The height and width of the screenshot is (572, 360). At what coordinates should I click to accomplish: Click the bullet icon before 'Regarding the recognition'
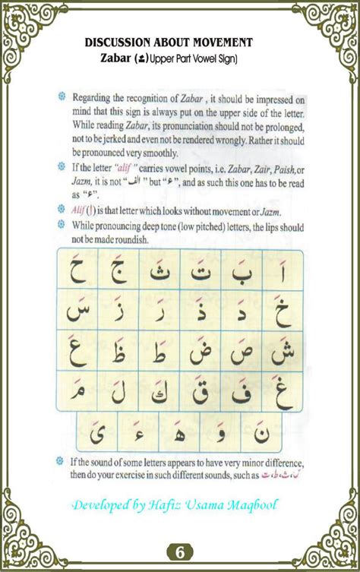(x=62, y=97)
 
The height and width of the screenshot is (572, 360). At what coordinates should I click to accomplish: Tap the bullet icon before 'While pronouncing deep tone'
(x=62, y=226)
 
